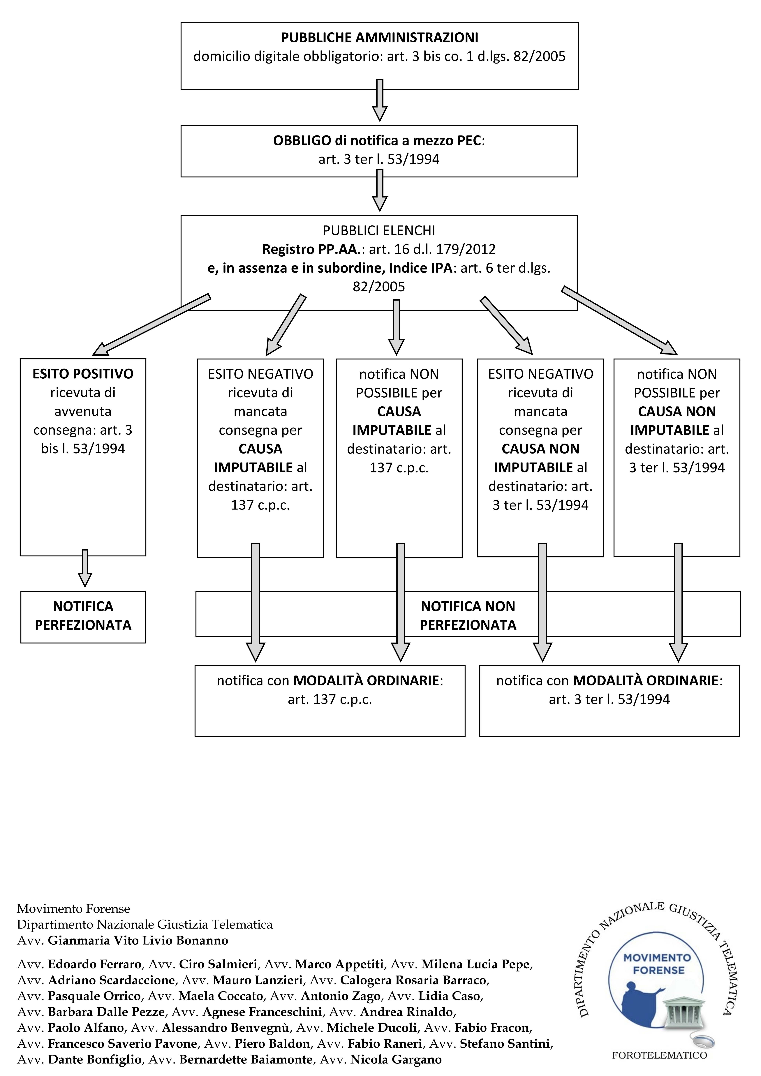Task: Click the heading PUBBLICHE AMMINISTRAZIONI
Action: pos(380,38)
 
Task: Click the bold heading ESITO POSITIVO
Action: pos(83,374)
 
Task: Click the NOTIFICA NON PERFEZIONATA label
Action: pos(468,615)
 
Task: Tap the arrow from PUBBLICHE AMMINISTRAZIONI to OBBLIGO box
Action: pos(380,100)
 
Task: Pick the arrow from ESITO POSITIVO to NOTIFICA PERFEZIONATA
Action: pos(85,568)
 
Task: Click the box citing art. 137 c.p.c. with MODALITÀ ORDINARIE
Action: pos(330,701)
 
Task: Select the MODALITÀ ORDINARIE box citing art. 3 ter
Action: pos(609,701)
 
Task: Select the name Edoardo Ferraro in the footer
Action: pos(95,964)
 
